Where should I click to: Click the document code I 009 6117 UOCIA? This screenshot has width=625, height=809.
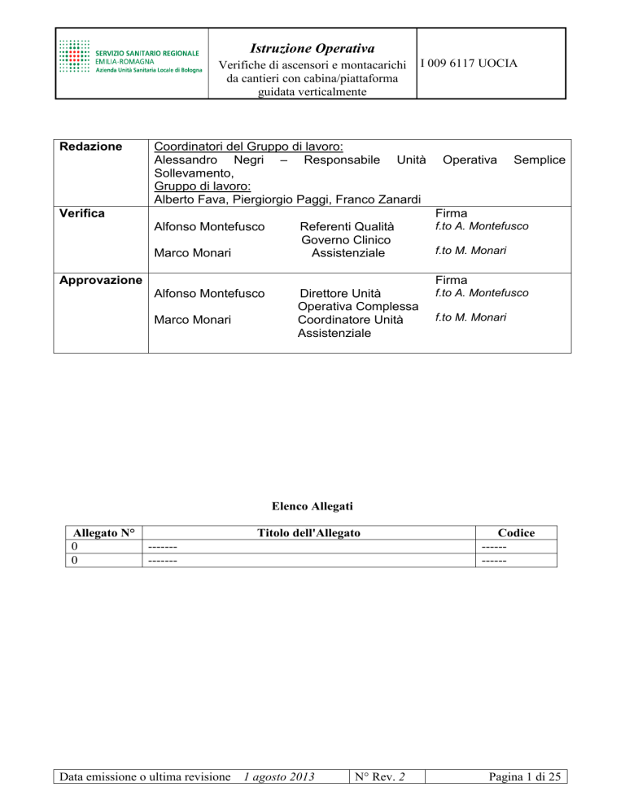coord(469,63)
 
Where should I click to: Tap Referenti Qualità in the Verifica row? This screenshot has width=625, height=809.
coord(347,226)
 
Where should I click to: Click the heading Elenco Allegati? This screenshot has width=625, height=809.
coord(312,505)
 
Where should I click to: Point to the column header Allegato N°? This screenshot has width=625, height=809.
coord(102,533)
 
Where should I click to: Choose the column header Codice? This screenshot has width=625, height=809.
coord(516,533)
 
